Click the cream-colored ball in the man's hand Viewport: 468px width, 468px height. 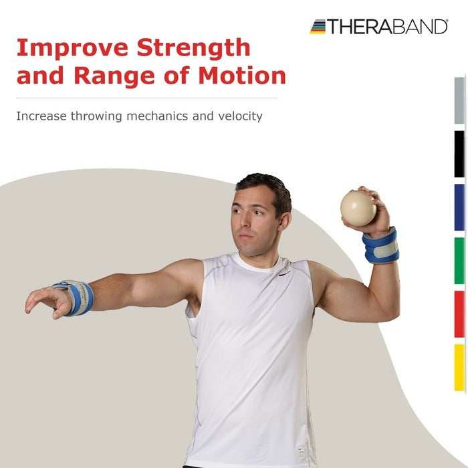[x=358, y=208]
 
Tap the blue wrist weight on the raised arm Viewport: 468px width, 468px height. [x=380, y=245]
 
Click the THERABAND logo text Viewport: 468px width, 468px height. [x=387, y=27]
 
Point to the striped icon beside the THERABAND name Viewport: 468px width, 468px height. [x=318, y=27]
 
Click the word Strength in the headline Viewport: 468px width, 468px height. [x=193, y=49]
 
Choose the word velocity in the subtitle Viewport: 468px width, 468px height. [x=240, y=116]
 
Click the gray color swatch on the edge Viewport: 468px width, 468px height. [x=459, y=100]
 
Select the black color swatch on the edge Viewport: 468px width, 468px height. [x=459, y=154]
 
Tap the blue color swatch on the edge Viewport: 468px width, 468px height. [x=459, y=207]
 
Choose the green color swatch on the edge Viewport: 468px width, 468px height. [x=459, y=261]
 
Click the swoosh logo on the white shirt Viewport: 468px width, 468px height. [x=285, y=272]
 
